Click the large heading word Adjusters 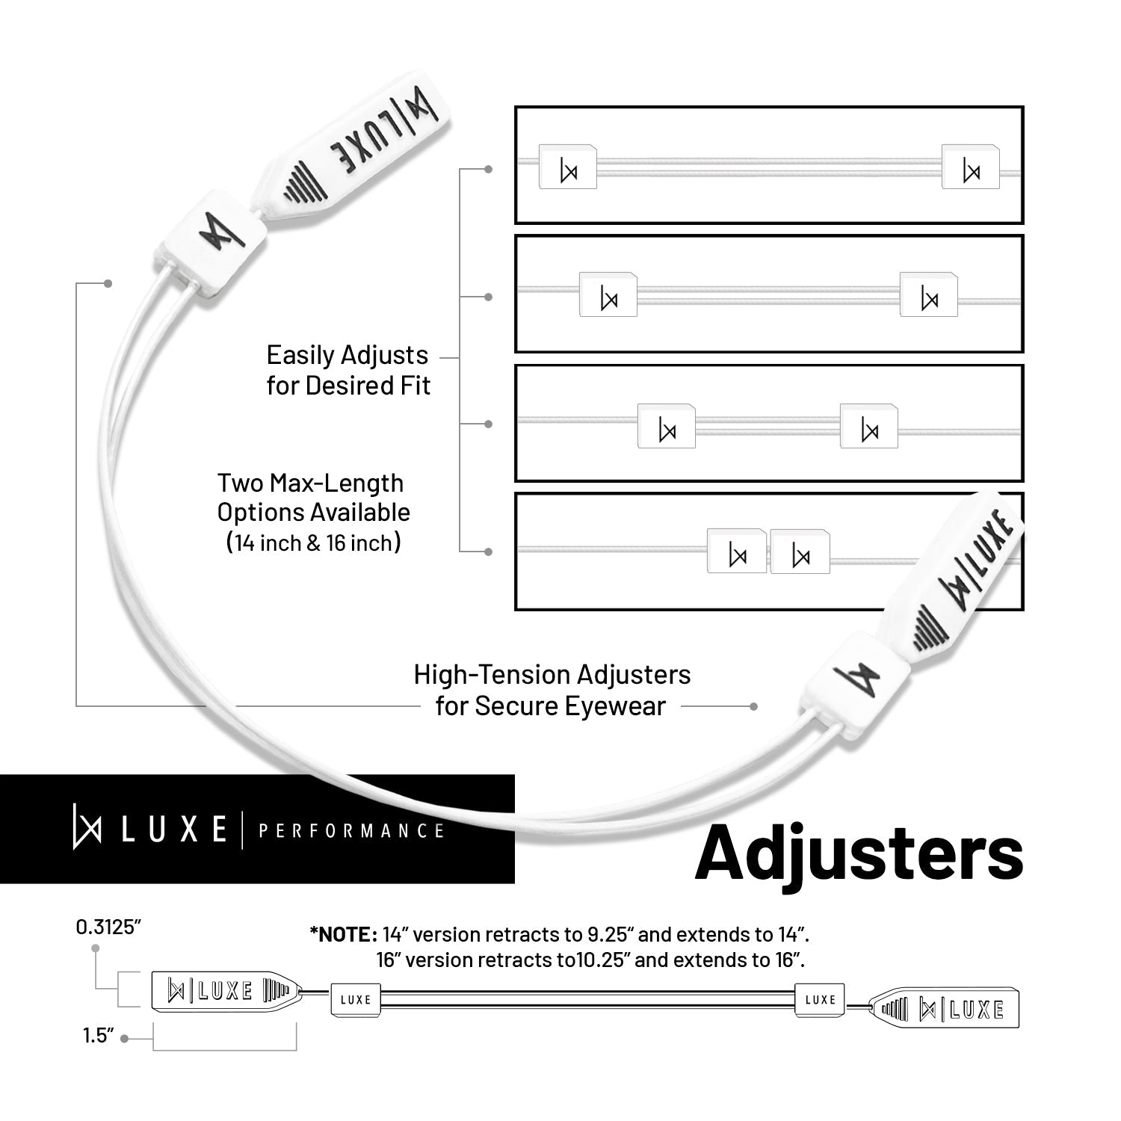[x=859, y=853]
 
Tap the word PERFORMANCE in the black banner [x=351, y=831]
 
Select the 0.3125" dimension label [x=108, y=927]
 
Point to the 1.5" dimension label [x=98, y=1037]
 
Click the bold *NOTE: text [x=343, y=934]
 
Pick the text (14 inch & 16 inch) [x=313, y=543]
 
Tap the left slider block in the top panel [x=568, y=167]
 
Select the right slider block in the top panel [x=971, y=167]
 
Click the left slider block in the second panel [x=608, y=294]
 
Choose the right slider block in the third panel [x=869, y=426]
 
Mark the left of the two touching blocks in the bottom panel [x=737, y=552]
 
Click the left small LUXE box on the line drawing [x=356, y=1000]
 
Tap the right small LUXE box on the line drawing [x=820, y=999]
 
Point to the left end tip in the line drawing [x=226, y=991]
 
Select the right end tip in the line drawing [x=945, y=1009]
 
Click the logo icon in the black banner [x=87, y=827]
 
